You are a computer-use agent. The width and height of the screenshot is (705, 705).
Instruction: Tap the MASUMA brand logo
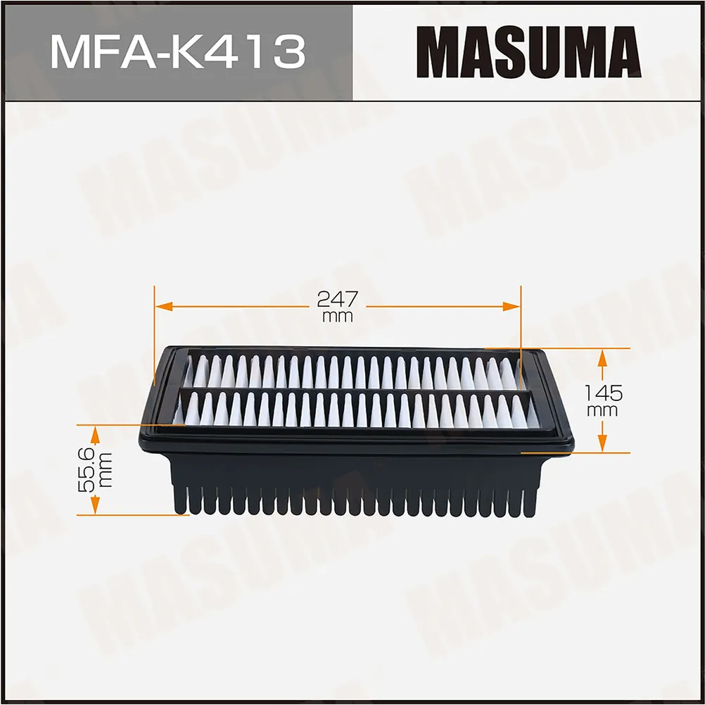pyautogui.click(x=528, y=53)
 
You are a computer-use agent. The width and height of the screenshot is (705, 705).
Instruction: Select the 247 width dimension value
pyautogui.click(x=337, y=299)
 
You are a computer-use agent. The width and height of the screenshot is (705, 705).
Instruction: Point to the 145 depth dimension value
pyautogui.click(x=602, y=393)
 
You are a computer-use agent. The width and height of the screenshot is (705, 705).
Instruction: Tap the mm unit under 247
pyautogui.click(x=337, y=317)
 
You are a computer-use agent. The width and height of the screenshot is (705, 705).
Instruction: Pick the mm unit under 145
pyautogui.click(x=602, y=409)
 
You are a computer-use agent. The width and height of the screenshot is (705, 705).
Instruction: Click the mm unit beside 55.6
pyautogui.click(x=103, y=470)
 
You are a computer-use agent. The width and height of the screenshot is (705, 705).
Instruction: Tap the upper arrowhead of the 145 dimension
pyautogui.click(x=602, y=356)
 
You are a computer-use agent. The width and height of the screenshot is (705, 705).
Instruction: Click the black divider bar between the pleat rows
pyautogui.click(x=352, y=389)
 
